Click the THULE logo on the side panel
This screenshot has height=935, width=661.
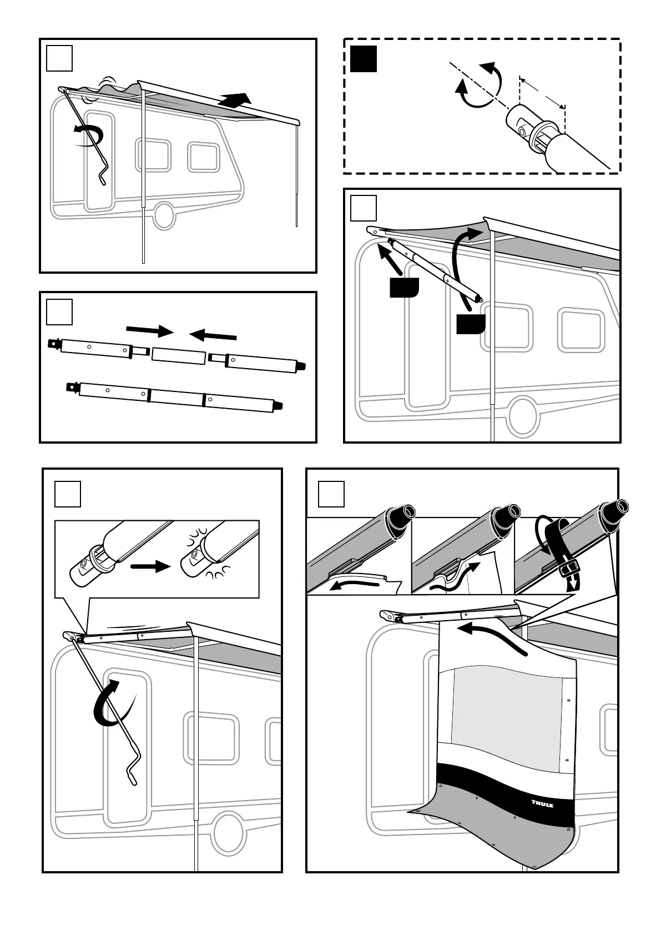(542, 804)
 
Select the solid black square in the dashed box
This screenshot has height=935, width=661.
(364, 59)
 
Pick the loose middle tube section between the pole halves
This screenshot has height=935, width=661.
(178, 355)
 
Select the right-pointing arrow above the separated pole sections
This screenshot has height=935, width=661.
(150, 331)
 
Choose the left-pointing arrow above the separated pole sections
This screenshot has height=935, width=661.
(214, 335)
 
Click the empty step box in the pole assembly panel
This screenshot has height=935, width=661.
(59, 312)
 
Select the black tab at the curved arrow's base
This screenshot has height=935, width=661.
(471, 324)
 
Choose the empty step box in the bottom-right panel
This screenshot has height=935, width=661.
(331, 494)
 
